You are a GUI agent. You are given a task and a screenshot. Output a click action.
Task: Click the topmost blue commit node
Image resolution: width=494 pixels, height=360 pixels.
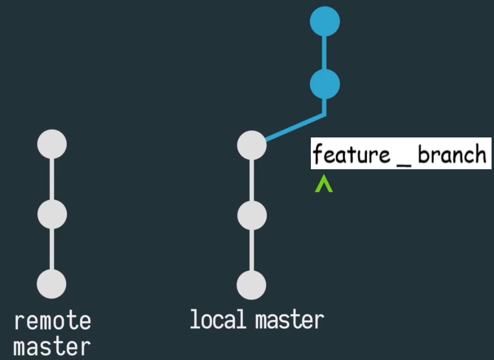point(325,22)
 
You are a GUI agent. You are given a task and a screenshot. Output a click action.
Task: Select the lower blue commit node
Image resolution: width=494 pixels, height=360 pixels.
point(325,84)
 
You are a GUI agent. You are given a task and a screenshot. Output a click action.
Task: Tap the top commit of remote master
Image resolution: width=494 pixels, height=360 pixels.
point(52,144)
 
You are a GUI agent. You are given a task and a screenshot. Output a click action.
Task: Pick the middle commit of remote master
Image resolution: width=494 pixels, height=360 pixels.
point(52,214)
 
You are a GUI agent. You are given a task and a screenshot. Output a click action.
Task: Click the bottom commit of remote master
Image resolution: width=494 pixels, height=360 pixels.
point(52,284)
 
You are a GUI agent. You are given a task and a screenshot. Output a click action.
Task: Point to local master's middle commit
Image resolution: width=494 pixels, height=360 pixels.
point(252,215)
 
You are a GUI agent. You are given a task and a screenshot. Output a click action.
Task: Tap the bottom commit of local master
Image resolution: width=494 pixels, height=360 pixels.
point(252,285)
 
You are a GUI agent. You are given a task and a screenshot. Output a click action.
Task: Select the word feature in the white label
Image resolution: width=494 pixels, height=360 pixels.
point(352,155)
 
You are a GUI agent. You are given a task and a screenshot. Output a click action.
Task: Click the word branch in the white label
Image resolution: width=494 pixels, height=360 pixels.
point(452,155)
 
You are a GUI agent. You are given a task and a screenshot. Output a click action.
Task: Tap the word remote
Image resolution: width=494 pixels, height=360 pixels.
point(52,321)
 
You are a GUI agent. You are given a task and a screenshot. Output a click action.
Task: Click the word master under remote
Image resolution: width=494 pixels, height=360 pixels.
point(52,346)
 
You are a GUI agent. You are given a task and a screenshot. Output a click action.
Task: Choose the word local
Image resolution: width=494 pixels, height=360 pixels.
point(217,319)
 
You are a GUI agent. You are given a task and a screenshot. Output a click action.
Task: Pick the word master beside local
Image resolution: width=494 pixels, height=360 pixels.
point(289,320)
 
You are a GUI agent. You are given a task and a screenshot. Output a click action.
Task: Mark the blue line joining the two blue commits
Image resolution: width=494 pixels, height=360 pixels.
point(325,53)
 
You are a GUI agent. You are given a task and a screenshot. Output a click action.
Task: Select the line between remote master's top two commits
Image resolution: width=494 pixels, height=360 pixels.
point(52,180)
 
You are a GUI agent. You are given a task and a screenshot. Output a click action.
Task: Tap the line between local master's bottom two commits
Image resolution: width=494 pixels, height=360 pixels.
point(252,250)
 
